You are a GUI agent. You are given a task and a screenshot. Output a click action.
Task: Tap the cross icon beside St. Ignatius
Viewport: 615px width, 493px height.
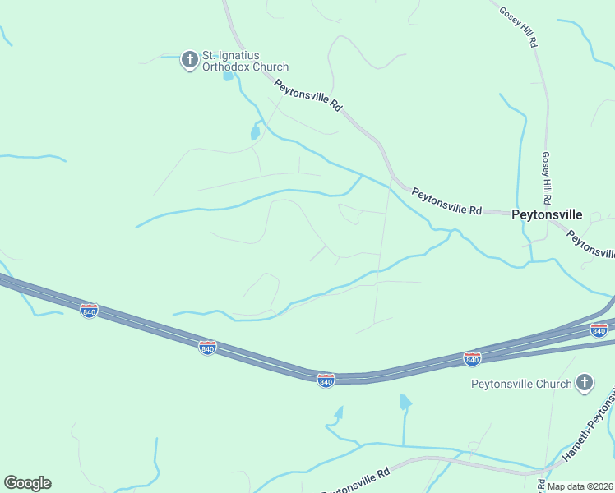pyautogui.click(x=190, y=59)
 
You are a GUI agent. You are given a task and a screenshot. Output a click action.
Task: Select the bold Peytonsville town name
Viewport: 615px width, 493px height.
pyautogui.click(x=547, y=214)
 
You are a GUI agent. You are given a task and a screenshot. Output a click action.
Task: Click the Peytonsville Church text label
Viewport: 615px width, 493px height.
pyautogui.click(x=521, y=384)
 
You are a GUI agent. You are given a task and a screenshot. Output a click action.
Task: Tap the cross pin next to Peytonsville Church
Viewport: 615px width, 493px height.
pyautogui.click(x=584, y=382)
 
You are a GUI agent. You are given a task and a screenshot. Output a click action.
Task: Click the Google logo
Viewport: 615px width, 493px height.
pyautogui.click(x=27, y=483)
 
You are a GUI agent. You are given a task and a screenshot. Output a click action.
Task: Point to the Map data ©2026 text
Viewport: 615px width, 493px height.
pyautogui.click(x=580, y=486)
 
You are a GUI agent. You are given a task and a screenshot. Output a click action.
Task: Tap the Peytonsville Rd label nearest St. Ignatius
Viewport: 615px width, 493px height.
pyautogui.click(x=307, y=94)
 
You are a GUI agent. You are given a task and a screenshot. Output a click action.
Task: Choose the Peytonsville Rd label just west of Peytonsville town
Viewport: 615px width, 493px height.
pyautogui.click(x=446, y=201)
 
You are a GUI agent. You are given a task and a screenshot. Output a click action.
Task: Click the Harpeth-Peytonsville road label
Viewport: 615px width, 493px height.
pyautogui.click(x=589, y=431)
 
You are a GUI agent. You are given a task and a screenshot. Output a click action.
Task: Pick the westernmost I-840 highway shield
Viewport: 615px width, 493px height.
pyautogui.click(x=89, y=311)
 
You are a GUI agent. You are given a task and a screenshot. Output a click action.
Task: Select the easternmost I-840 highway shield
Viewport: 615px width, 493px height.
pyautogui.click(x=599, y=330)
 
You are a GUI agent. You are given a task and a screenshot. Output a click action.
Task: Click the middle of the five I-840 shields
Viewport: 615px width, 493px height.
pyautogui.click(x=326, y=380)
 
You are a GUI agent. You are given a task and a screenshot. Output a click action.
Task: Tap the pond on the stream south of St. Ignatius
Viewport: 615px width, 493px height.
pyautogui.click(x=255, y=132)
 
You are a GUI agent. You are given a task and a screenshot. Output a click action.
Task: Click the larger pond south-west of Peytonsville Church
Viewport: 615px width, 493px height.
pyautogui.click(x=405, y=402)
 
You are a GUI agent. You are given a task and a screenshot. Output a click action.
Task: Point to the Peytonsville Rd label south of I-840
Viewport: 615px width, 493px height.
pyautogui.click(x=354, y=480)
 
